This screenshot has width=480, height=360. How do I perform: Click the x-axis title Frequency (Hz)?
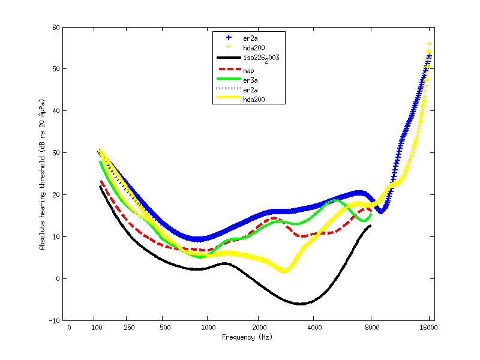247,337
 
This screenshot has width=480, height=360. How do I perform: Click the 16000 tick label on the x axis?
430,328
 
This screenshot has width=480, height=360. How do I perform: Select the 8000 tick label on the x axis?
372,328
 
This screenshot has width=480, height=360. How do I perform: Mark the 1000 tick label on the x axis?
207,328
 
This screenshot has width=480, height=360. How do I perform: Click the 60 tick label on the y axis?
56,28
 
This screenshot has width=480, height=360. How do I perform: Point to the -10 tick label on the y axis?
54,320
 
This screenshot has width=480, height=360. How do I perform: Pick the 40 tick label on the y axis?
56,111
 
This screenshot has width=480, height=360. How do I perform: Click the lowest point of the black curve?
300,304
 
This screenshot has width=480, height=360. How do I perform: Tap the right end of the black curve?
370,226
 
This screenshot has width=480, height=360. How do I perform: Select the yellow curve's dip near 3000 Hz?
284,271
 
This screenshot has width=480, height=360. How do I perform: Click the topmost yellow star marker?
429,44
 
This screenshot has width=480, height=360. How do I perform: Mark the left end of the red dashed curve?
101,181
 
